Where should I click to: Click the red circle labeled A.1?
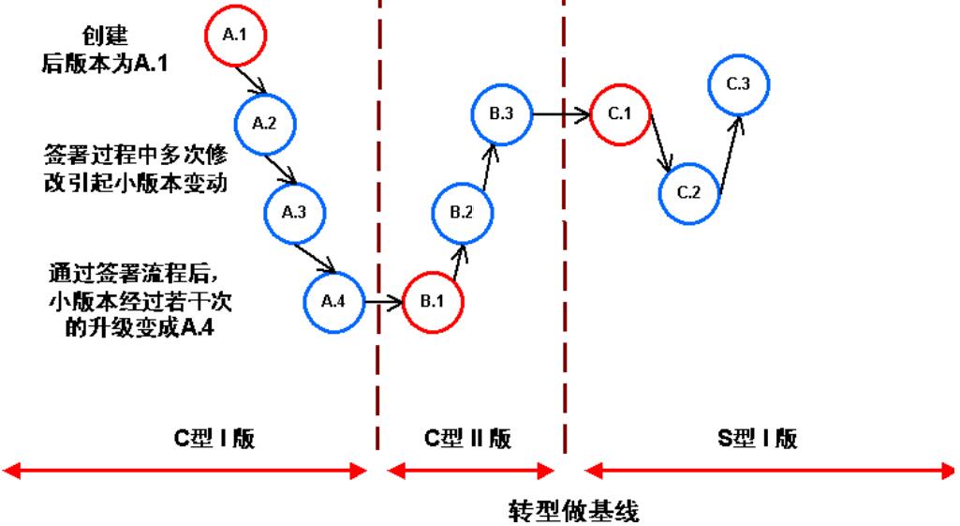click(x=235, y=36)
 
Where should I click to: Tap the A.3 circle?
click(x=293, y=213)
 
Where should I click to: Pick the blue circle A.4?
click(x=332, y=302)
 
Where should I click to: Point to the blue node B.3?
click(x=501, y=114)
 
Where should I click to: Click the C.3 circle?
click(x=737, y=84)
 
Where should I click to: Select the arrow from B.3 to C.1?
click(x=560, y=114)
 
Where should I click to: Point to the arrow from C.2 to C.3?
click(x=729, y=150)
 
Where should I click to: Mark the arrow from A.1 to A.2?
click(x=250, y=77)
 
